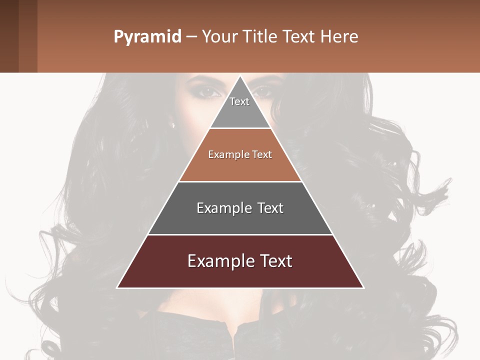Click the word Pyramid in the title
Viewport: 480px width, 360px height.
pyautogui.click(x=147, y=37)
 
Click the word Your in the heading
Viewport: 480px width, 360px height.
pyautogui.click(x=218, y=36)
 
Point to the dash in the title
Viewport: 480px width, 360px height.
pyautogui.click(x=191, y=37)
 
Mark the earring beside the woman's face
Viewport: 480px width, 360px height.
pyautogui.click(x=173, y=125)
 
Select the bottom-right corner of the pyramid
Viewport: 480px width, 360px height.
pyautogui.click(x=363, y=287)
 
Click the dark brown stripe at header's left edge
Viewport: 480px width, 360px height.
pyautogui.click(x=9, y=36)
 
